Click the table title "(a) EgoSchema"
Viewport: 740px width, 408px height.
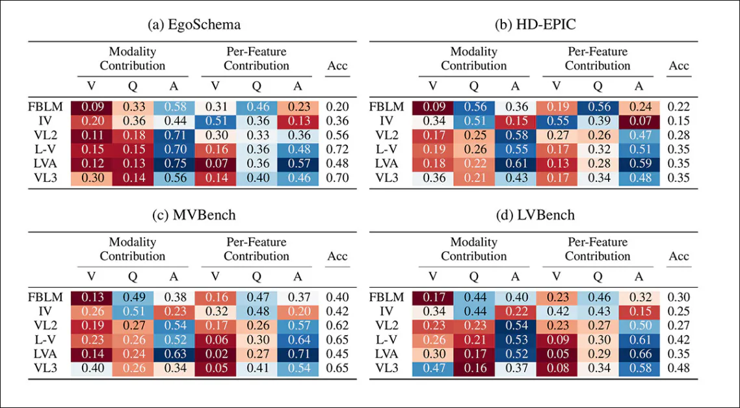[x=194, y=25]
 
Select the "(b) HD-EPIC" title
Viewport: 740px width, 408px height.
[x=535, y=25]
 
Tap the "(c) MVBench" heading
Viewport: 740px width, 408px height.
[x=194, y=216]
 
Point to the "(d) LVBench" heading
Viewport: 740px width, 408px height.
[x=535, y=216]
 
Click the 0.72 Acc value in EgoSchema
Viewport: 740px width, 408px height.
[x=337, y=150]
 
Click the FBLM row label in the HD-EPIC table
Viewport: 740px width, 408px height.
[x=387, y=107]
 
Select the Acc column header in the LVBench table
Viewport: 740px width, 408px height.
[x=678, y=256]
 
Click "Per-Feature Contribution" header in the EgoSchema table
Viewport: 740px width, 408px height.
[x=256, y=58]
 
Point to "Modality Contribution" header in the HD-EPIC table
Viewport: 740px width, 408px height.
[x=473, y=58]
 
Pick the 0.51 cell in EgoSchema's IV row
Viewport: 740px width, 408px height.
[x=215, y=121]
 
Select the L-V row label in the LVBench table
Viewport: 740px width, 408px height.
[x=387, y=340]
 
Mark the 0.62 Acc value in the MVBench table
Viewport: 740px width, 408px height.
[x=337, y=326]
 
